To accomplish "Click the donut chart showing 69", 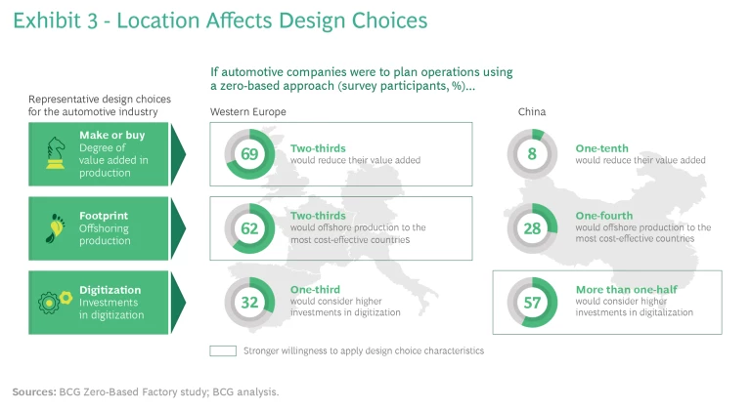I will [249, 153].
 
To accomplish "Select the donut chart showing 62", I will [249, 227].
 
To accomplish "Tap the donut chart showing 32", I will [249, 302].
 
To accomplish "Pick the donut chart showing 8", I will [532, 153].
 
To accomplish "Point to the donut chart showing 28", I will [532, 227].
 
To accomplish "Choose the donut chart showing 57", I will [532, 302].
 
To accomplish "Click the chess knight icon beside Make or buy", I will [55, 152].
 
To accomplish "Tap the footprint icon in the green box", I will [53, 226].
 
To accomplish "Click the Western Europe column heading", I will [248, 112].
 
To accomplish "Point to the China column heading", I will [532, 112].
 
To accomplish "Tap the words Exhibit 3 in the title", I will [54, 21].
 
